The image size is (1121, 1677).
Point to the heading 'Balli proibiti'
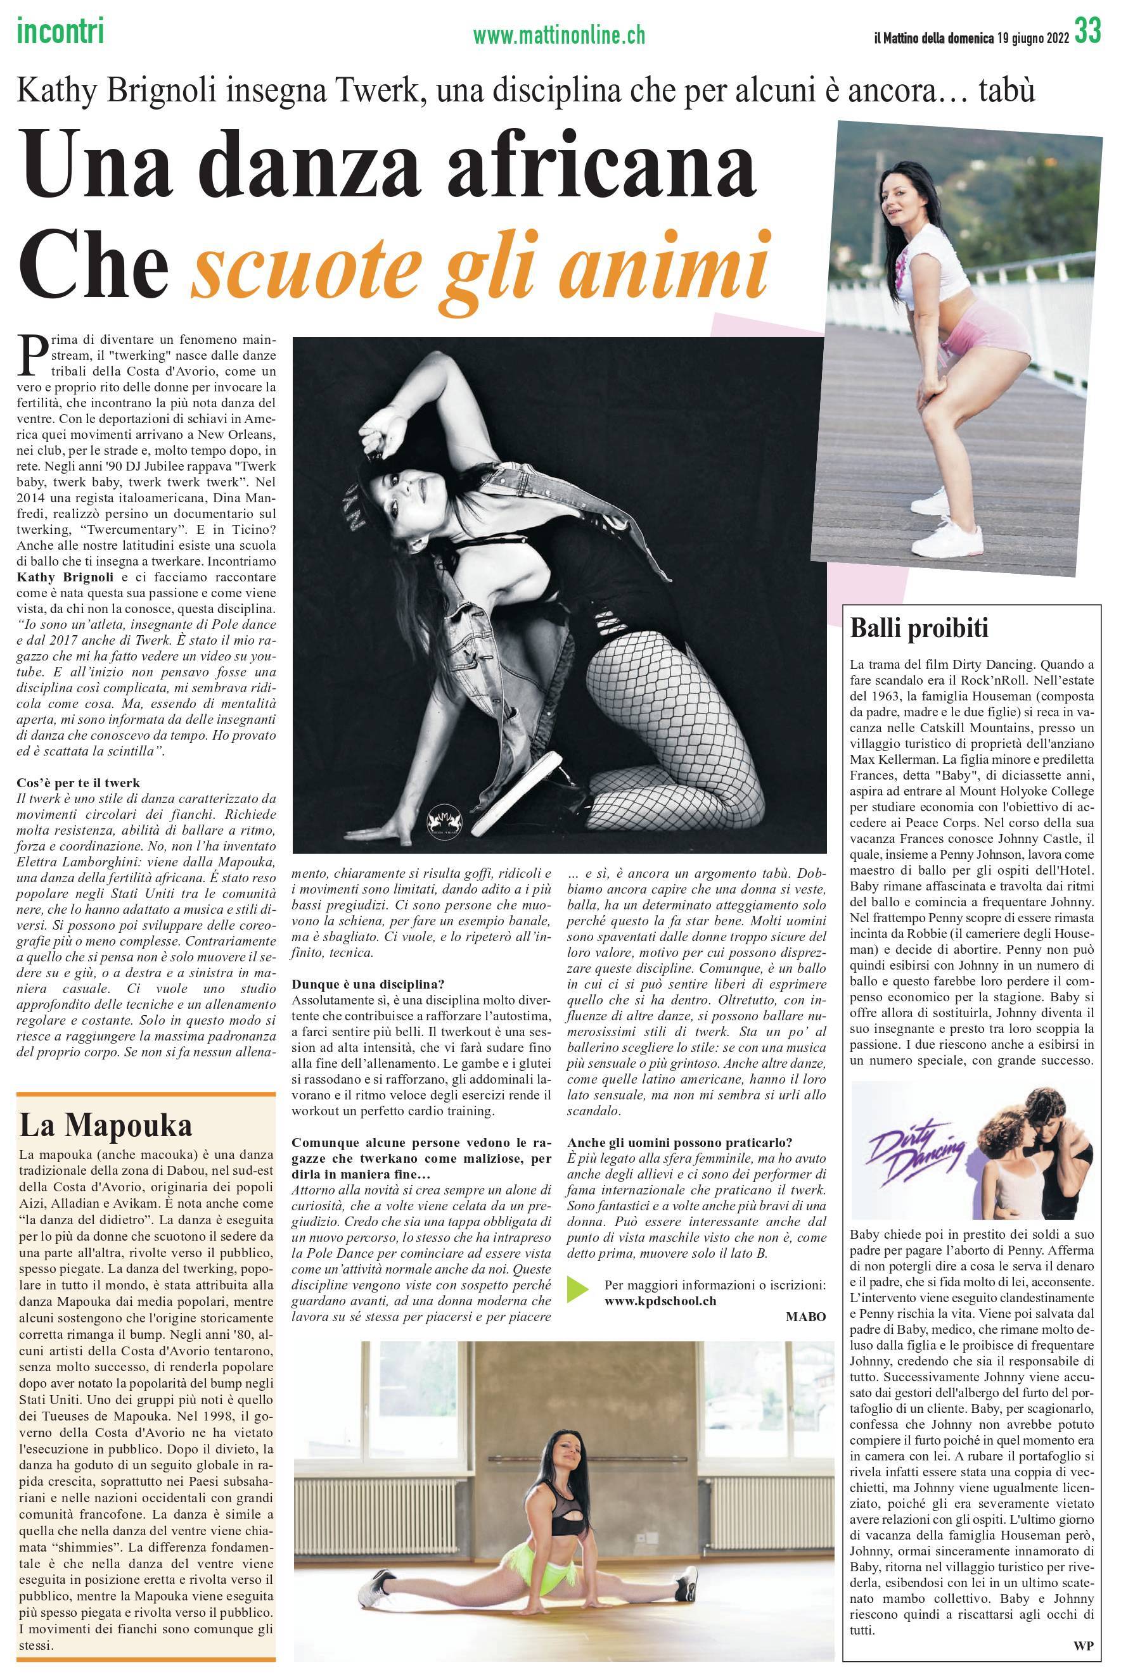pyautogui.click(x=919, y=629)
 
